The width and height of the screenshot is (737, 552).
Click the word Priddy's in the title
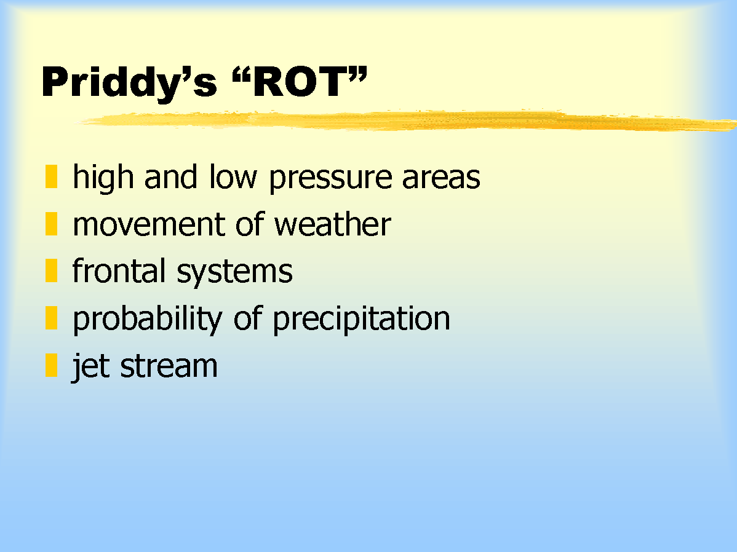coord(129,83)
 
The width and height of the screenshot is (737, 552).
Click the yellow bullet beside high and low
coord(51,176)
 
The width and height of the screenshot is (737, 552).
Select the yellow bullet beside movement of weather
coord(51,224)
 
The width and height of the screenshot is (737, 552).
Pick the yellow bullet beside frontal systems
coord(51,270)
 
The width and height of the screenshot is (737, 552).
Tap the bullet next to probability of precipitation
coord(51,318)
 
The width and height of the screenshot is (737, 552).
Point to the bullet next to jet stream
coord(51,365)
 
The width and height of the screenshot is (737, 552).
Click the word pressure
coord(330,179)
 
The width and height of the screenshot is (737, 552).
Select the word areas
coord(441,178)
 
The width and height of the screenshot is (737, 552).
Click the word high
coord(103,178)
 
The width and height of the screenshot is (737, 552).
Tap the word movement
coord(148,224)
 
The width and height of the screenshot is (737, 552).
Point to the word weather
coord(332,224)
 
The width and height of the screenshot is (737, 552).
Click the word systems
coord(234,272)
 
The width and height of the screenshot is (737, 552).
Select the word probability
coord(147,319)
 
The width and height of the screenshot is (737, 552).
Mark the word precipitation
coord(362,319)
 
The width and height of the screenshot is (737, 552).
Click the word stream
coord(169,366)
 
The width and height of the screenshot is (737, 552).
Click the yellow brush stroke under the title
coord(407,120)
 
